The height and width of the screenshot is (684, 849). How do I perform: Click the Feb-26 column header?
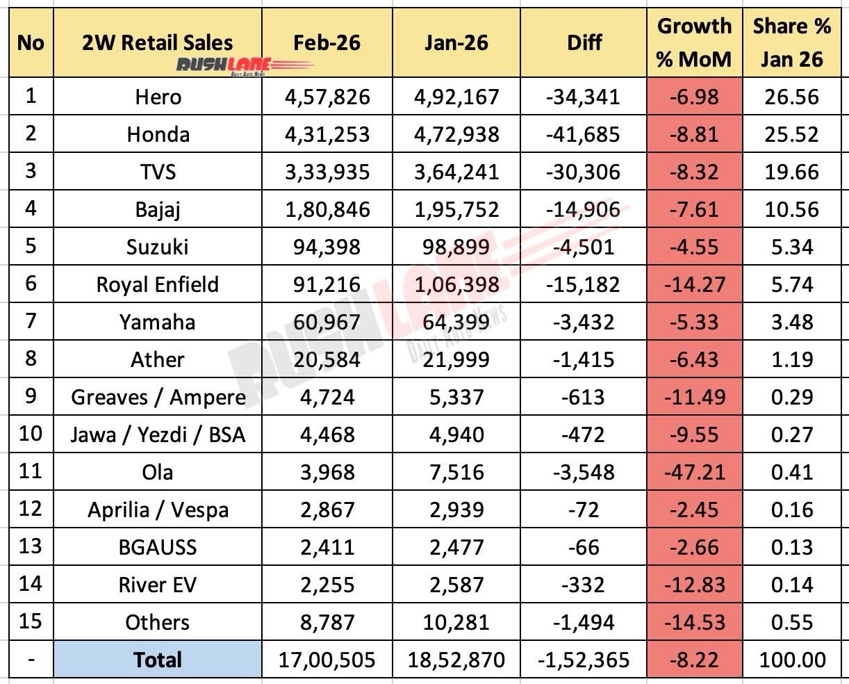point(327,43)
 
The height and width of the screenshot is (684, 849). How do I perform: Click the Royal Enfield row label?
point(158,284)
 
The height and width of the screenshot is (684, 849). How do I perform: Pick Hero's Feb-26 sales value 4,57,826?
point(327,97)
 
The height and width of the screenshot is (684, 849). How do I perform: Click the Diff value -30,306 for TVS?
point(584,172)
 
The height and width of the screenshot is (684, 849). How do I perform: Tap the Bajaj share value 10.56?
point(791,209)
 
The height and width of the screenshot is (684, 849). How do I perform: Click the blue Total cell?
point(158,660)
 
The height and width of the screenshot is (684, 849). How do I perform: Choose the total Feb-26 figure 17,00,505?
point(327,660)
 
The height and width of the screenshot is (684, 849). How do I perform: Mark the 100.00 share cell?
point(791,660)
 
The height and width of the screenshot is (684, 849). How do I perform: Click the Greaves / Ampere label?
point(158,397)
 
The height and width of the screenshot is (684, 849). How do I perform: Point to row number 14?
point(30,585)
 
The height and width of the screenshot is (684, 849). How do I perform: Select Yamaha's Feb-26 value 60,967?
point(327,322)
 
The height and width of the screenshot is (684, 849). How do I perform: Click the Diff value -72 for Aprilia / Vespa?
point(584,510)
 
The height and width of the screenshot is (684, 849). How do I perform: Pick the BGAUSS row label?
point(158,547)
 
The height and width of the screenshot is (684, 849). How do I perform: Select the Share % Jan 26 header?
point(791,42)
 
